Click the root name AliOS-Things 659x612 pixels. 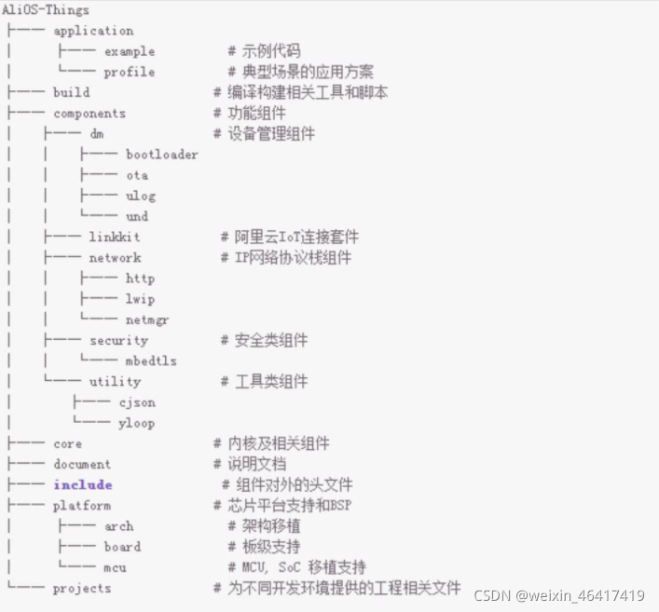tap(46, 10)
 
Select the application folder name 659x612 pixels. tap(93, 31)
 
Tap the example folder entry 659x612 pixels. tap(130, 51)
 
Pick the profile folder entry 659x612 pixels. tap(130, 72)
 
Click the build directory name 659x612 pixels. tap(72, 92)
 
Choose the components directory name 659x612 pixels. tap(89, 114)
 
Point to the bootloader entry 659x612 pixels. tap(162, 155)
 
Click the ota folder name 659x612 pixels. tap(137, 175)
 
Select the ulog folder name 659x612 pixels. tap(141, 196)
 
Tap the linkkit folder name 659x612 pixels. tap(115, 238)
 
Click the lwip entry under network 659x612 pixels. tap(141, 299)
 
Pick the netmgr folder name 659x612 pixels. tap(147, 320)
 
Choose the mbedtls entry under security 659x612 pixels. tap(151, 360)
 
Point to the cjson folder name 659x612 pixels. tap(137, 402)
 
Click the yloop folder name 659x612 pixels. tap(137, 423)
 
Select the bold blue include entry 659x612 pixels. tap(83, 484)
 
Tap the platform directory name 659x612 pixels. tap(82, 505)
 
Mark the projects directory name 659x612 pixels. tap(82, 588)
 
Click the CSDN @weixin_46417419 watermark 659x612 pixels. tap(559, 595)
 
